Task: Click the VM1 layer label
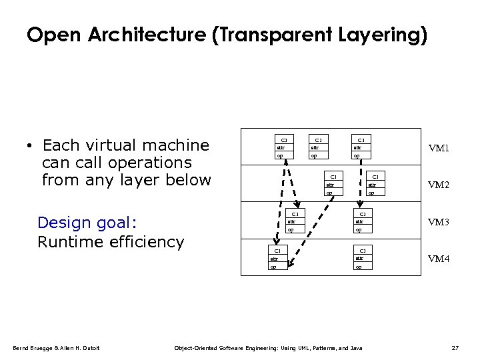tap(438, 148)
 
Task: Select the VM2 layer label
tap(438, 185)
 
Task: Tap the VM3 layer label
tap(438, 222)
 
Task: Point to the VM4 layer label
tap(438, 259)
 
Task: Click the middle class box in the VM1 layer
tap(318, 148)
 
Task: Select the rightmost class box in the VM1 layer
tap(361, 148)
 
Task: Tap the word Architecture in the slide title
tap(141, 34)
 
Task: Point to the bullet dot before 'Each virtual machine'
tap(31, 147)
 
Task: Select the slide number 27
tap(455, 348)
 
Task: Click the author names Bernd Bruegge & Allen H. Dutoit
tap(57, 348)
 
